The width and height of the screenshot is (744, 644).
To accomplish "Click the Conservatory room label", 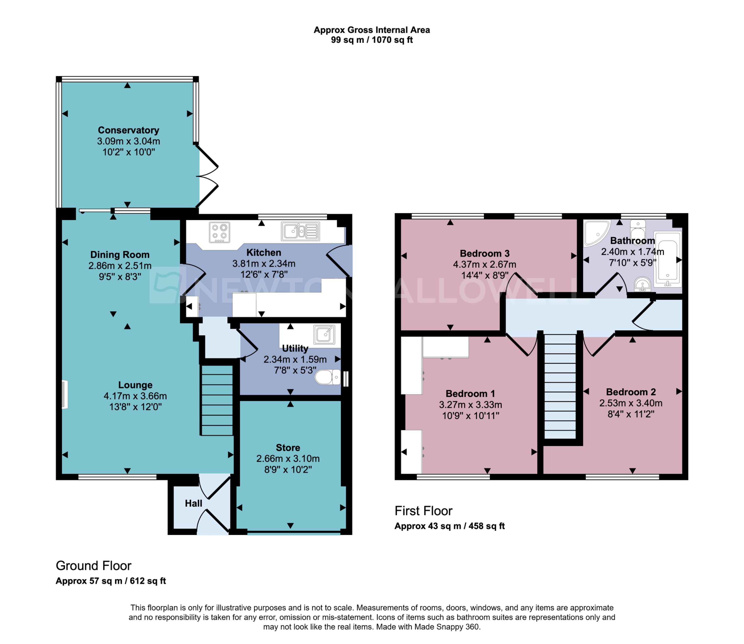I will tap(128, 130).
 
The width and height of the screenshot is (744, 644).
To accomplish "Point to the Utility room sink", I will tap(324, 335).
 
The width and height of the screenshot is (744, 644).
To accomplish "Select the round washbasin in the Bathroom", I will tap(642, 285).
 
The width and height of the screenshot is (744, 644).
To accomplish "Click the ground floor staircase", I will tap(217, 400).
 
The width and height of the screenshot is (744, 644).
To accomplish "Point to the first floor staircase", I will tap(560, 386).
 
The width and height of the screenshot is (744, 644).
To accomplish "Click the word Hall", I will tap(194, 503).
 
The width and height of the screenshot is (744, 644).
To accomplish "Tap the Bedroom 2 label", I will tap(631, 392).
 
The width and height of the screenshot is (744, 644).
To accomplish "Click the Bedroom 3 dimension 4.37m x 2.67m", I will tap(484, 264).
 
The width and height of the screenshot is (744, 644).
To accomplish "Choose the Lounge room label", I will tap(135, 385).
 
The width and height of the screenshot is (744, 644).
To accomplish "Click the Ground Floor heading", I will tap(94, 566).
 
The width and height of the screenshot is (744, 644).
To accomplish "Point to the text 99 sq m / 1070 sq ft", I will tap(371, 40).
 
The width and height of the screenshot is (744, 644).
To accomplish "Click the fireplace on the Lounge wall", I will tap(65, 395).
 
